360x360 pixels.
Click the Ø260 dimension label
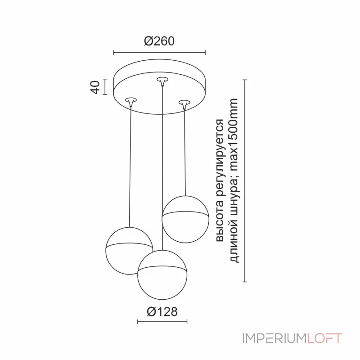(159, 41)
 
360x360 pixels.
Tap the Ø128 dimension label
(162, 311)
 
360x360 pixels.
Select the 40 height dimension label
(95, 87)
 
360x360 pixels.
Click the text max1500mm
(234, 135)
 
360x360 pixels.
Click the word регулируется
(220, 158)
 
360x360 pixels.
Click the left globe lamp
(129, 251)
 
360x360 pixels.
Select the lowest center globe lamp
(162, 275)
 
